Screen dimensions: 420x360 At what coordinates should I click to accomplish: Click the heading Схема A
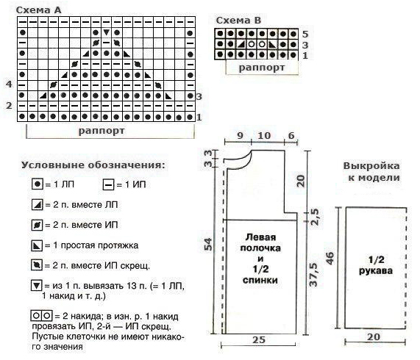[x=39, y=10]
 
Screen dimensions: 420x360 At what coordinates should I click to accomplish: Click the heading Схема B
[x=238, y=21]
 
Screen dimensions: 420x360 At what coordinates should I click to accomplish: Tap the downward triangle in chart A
[x=107, y=32]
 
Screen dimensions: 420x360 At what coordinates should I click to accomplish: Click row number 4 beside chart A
[x=9, y=84]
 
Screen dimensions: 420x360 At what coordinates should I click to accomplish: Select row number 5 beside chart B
[x=305, y=35]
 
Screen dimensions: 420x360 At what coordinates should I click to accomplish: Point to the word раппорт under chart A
[x=102, y=131]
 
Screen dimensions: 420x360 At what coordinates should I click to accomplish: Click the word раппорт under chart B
[x=261, y=68]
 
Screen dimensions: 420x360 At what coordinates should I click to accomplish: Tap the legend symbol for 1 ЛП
[x=38, y=184]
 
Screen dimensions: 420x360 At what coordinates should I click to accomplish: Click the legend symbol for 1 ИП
[x=108, y=185]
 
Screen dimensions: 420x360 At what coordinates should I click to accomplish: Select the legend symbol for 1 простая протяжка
[x=37, y=245]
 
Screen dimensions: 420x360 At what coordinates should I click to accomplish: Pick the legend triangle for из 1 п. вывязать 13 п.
[x=37, y=285]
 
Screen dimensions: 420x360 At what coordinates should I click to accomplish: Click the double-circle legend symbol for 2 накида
[x=42, y=316]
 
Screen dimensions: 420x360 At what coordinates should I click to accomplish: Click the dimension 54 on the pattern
[x=208, y=245]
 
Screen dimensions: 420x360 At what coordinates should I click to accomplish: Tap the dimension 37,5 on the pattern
[x=313, y=275]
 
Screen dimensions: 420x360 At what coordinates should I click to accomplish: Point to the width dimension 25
[x=259, y=340]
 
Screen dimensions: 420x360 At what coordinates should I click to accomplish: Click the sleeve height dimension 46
[x=330, y=259]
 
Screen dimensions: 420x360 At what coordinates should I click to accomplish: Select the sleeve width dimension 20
[x=374, y=336]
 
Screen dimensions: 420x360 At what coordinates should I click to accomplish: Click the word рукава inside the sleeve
[x=376, y=271]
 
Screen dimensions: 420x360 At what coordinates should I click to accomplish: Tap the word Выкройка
[x=371, y=166]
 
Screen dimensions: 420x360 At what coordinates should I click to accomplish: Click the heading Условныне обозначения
[x=93, y=165]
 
